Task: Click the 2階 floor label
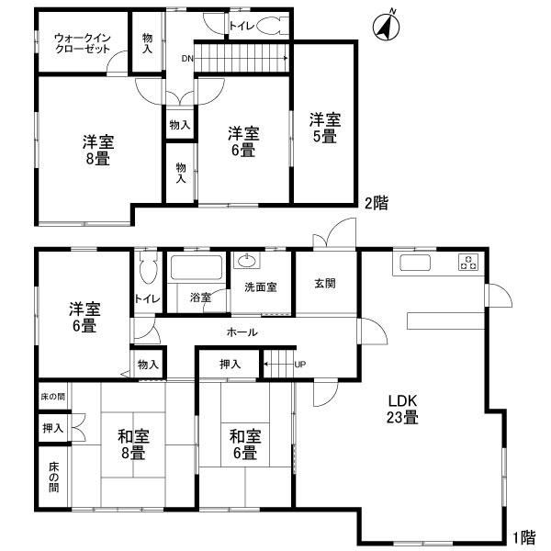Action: coord(375,204)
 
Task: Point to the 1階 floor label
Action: coord(526,534)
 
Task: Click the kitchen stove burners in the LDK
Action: coord(467,263)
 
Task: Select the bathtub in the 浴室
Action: coord(196,270)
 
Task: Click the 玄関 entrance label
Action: coord(325,284)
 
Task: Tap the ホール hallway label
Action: coord(241,332)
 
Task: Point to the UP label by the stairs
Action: coord(299,365)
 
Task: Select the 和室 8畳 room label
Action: coord(131,444)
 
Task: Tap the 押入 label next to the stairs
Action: coord(230,365)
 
